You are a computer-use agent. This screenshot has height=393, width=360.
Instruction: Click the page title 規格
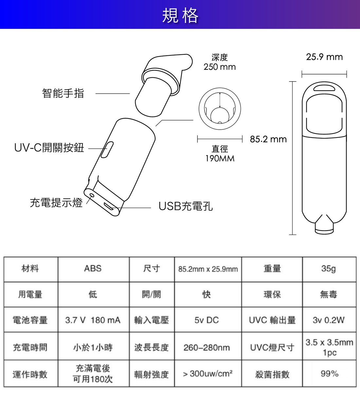pyautogui.click(x=180, y=15)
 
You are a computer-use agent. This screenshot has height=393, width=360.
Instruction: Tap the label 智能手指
pyautogui.click(x=63, y=94)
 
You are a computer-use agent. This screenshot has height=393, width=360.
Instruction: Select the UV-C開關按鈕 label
pyautogui.click(x=49, y=148)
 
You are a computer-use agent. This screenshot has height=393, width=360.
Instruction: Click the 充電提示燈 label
pyautogui.click(x=56, y=203)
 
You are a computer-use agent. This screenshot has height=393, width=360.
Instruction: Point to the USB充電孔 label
pyautogui.click(x=186, y=206)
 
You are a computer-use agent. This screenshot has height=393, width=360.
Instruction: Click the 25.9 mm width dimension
pyautogui.click(x=324, y=57)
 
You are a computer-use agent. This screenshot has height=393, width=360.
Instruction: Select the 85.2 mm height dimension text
pyautogui.click(x=268, y=140)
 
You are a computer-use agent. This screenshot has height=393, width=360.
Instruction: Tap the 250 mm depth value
pyautogui.click(x=220, y=67)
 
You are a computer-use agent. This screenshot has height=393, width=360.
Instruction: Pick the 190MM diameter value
pyautogui.click(x=220, y=159)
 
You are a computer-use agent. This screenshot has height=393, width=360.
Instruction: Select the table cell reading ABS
pyautogui.click(x=93, y=269)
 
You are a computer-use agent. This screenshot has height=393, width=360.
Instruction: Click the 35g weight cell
pyautogui.click(x=329, y=269)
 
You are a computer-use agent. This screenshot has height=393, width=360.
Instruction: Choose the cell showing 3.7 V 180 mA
pyautogui.click(x=93, y=320)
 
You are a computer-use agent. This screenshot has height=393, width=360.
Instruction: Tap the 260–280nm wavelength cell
pyautogui.click(x=207, y=347)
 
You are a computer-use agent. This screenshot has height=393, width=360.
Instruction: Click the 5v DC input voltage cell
pyautogui.click(x=207, y=320)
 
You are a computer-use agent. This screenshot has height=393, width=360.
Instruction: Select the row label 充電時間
pyautogui.click(x=30, y=347)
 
